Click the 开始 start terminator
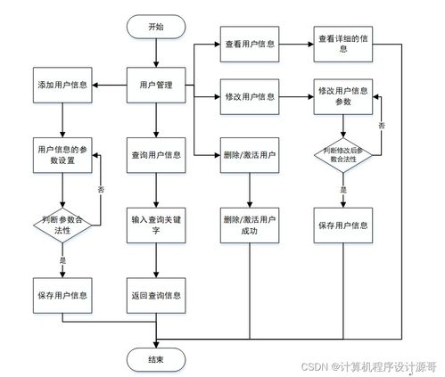pos(156,27)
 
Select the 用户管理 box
pos(156,85)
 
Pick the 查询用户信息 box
pos(156,154)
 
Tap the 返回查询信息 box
pos(156,295)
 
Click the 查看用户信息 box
pos(250,43)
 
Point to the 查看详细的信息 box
pos(343,43)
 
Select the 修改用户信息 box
pos(250,95)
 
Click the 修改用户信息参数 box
pos(343,95)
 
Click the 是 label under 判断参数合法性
pos(62,259)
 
